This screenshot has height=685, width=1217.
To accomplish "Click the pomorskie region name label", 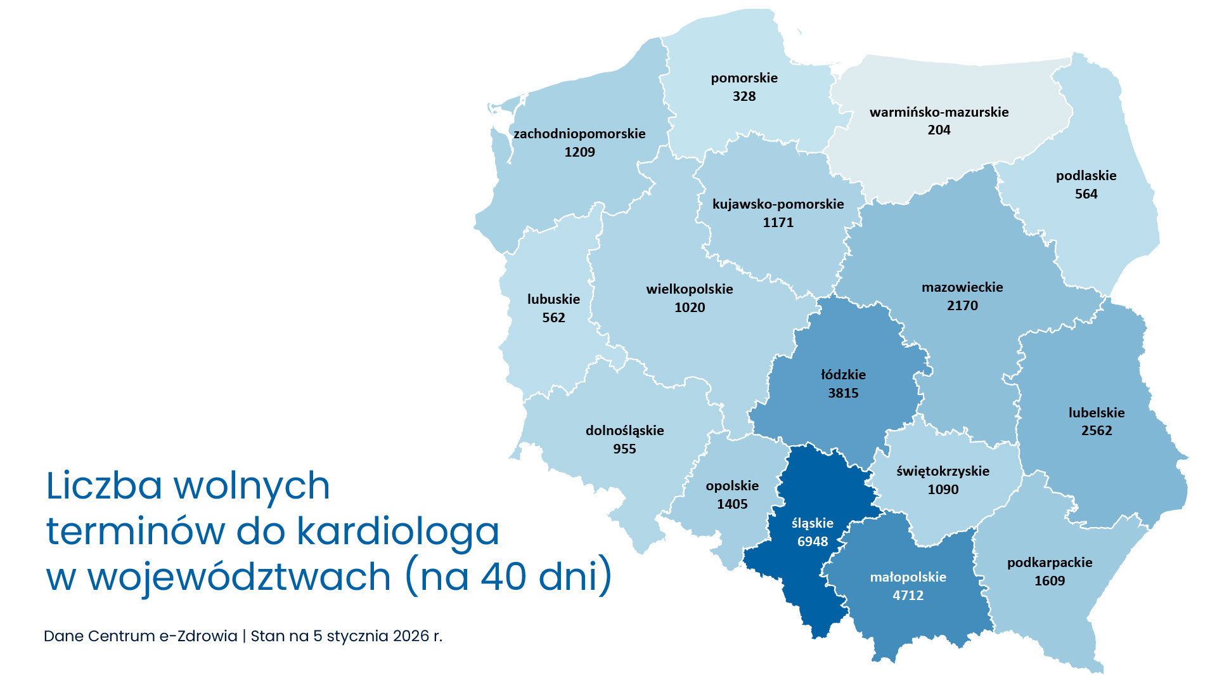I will (744, 78).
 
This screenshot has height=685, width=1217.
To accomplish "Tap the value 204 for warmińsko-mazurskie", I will (939, 130).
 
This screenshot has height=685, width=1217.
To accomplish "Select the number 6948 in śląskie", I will (812, 542).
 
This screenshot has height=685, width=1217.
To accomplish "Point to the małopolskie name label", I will (908, 577).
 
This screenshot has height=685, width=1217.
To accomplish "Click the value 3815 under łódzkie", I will (843, 393).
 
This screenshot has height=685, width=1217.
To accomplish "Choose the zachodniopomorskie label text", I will (579, 134).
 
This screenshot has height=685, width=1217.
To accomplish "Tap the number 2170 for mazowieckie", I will (962, 306).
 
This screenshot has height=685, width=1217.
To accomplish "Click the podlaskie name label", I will (1086, 176).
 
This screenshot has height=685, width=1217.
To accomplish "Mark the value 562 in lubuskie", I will (553, 318).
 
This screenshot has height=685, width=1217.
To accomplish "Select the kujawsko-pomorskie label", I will (778, 204).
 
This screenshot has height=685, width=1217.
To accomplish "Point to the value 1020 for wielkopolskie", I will (690, 308).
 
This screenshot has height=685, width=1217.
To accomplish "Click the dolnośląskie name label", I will (624, 431).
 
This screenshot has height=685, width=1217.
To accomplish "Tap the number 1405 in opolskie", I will (732, 504).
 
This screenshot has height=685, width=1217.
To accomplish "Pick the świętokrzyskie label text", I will (943, 471).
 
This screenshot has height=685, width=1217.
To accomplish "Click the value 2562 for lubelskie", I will (1097, 431).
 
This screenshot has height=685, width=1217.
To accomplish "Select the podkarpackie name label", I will (1050, 563).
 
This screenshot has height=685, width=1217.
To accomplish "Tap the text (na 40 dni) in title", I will (508, 577).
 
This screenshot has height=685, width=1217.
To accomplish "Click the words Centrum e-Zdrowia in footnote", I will (162, 636).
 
